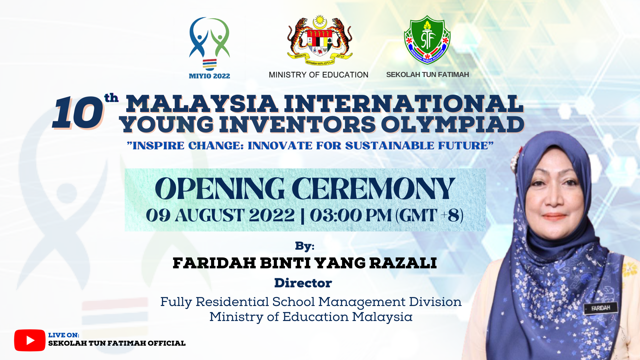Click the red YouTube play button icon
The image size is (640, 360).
pyautogui.click(x=30, y=340)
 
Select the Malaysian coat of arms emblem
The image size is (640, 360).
pyautogui.click(x=320, y=40)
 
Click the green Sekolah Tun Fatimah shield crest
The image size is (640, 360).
pyautogui.click(x=427, y=40)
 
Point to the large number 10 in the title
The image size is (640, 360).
pyautogui.click(x=78, y=113)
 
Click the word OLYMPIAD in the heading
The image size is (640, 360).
pyautogui.click(x=453, y=125)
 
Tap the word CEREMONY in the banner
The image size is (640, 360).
pyautogui.click(x=374, y=189)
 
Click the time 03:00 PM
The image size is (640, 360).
pyautogui.click(x=351, y=215)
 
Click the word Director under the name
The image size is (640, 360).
pyautogui.click(x=303, y=283)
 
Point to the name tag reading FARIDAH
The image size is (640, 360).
pyautogui.click(x=601, y=308)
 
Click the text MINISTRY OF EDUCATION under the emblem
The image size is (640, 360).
pyautogui.click(x=318, y=75)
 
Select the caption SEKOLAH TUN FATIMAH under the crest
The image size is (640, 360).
pyautogui.click(x=427, y=75)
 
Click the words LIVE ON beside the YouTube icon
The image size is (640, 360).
pyautogui.click(x=64, y=335)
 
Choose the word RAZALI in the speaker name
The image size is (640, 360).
pyautogui.click(x=403, y=263)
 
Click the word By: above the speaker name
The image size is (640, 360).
pyautogui.click(x=305, y=246)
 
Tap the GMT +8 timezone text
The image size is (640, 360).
pyautogui.click(x=430, y=215)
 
